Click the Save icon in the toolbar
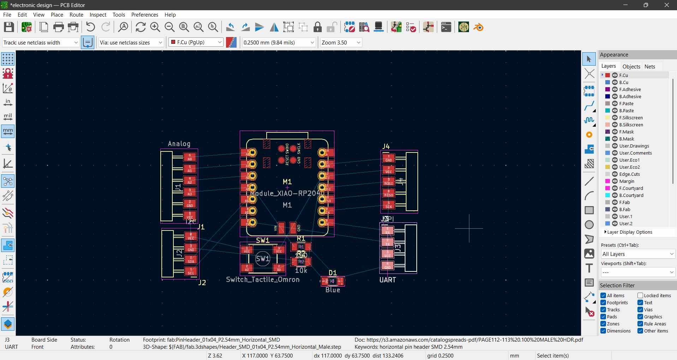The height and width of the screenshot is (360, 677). click(9, 27)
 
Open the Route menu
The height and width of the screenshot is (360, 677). click(76, 14)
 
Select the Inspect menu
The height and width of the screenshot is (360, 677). click(98, 14)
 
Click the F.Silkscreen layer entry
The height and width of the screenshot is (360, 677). click(631, 118)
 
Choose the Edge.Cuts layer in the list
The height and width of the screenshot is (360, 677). click(629, 174)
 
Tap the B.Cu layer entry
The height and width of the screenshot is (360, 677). click(624, 82)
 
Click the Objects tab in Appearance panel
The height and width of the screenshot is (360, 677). click(631, 66)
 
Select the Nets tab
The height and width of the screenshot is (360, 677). click(649, 66)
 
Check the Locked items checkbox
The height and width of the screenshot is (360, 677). click(640, 295)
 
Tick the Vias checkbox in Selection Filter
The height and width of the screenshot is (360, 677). click(640, 310)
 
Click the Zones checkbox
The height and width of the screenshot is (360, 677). click(604, 324)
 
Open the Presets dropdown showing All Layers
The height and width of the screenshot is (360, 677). click(638, 254)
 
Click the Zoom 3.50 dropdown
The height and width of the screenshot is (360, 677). click(341, 42)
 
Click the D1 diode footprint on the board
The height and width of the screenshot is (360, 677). click(332, 281)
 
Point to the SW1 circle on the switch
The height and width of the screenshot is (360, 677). click(263, 259)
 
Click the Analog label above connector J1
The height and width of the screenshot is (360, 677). click(179, 144)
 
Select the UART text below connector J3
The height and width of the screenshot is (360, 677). click(387, 280)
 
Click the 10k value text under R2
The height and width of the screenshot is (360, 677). click(301, 270)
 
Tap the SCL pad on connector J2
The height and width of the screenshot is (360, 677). click(191, 271)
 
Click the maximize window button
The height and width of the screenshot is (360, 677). click(646, 5)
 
